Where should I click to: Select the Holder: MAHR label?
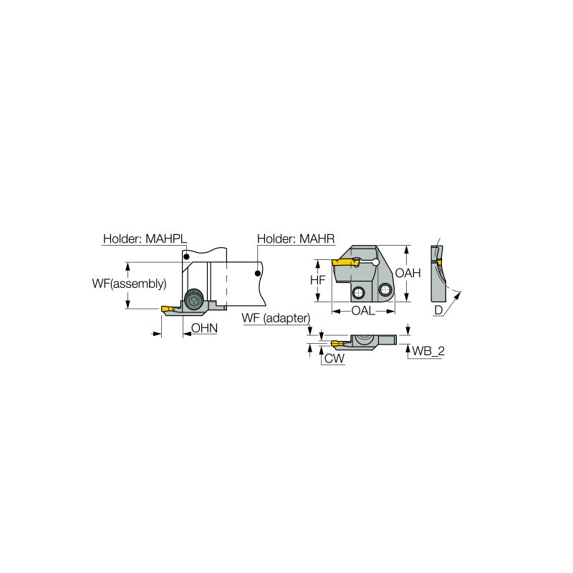point(296,239)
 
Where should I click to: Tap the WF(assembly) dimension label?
point(128,284)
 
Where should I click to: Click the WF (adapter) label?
point(276,318)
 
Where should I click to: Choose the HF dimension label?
point(317,281)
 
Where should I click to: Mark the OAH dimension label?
point(408,273)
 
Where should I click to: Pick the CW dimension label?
point(333,358)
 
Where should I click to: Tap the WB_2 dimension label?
point(426,351)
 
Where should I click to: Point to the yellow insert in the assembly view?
point(166,309)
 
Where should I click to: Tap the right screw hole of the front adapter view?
point(386,289)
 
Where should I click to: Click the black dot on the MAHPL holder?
point(186,256)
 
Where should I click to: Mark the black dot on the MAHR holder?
point(256,272)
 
